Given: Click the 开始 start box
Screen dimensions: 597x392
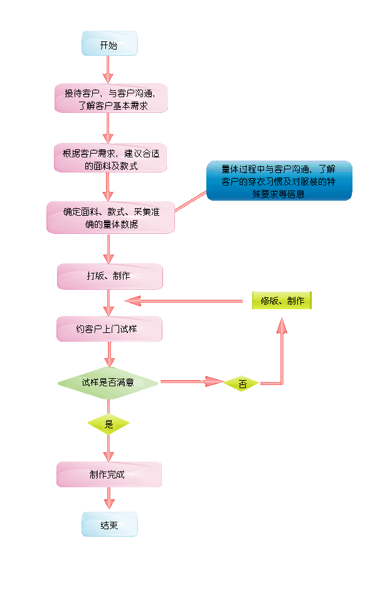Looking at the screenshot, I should point(109,44).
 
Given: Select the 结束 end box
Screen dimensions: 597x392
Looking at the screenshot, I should point(109,524).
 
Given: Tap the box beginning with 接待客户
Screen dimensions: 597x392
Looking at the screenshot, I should point(110,98).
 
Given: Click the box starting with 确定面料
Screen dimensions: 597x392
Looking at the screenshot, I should point(110,217).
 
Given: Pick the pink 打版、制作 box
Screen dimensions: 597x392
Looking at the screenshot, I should point(110,277).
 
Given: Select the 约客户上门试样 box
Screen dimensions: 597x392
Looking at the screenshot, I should point(110,329).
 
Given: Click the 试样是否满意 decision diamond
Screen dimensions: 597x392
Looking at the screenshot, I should point(108,382).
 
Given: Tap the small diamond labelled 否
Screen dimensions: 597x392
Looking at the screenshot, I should point(242,383).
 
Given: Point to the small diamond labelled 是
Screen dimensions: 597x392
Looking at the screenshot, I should point(109,425).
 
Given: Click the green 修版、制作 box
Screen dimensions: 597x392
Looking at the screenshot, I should point(282,301).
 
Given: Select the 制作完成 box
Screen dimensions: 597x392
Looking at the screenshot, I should point(109,475).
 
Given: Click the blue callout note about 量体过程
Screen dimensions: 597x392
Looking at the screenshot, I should point(279,181).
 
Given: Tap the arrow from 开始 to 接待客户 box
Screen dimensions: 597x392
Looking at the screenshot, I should point(109,69).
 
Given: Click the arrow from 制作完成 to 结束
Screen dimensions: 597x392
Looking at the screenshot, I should point(109,499).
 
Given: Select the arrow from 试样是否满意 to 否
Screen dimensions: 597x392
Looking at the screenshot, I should point(191,381).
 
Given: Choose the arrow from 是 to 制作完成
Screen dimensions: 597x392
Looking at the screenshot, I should point(109,448).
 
